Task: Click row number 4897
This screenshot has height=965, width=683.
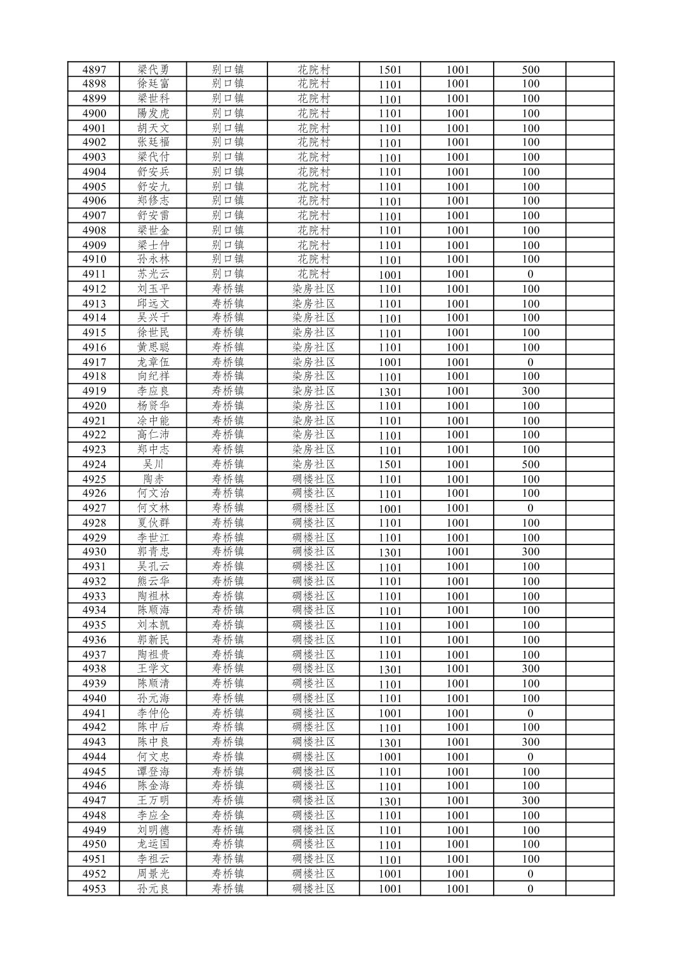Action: click(x=94, y=70)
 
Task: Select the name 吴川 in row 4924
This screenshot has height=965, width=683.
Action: click(x=153, y=464)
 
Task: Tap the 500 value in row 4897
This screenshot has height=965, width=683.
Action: click(x=530, y=70)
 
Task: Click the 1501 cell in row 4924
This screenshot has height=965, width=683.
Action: click(x=390, y=464)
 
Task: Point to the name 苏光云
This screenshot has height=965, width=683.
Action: click(x=153, y=274)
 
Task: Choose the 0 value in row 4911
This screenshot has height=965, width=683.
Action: click(x=530, y=274)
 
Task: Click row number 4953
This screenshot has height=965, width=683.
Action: click(x=94, y=889)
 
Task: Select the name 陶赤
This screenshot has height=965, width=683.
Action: click(x=153, y=479)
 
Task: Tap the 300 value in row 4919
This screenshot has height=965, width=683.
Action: click(x=530, y=391)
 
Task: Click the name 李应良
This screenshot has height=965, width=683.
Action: click(x=153, y=391)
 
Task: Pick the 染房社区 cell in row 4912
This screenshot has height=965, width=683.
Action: click(x=313, y=289)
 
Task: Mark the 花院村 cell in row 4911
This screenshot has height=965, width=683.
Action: click(x=313, y=274)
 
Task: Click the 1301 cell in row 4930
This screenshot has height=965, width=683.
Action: click(x=390, y=552)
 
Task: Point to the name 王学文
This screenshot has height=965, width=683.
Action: click(x=153, y=669)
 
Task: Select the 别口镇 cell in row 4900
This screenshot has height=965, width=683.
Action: click(x=227, y=114)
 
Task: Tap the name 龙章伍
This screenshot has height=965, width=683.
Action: click(x=153, y=362)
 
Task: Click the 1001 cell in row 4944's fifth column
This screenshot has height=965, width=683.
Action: click(x=390, y=757)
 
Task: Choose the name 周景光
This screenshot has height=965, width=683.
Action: click(x=153, y=874)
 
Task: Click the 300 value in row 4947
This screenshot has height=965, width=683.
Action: click(x=530, y=801)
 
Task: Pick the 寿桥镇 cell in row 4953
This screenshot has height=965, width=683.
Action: click(x=227, y=889)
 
